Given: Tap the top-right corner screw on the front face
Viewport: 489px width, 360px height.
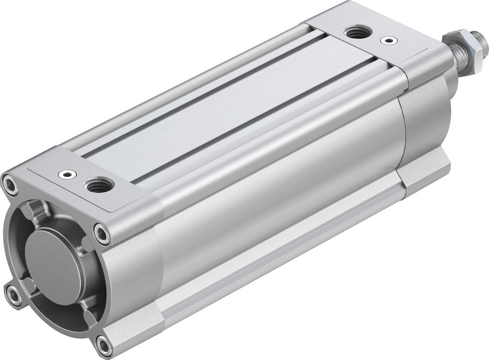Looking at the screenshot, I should [x=102, y=234].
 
